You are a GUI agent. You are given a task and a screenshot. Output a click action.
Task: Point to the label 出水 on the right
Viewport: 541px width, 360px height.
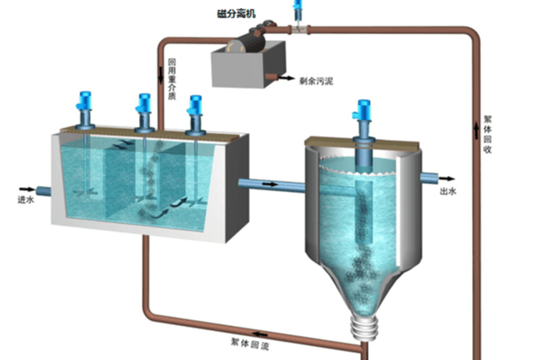[x=449, y=190]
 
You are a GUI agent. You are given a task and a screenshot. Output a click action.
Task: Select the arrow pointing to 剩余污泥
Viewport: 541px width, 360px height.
[x=286, y=79]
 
